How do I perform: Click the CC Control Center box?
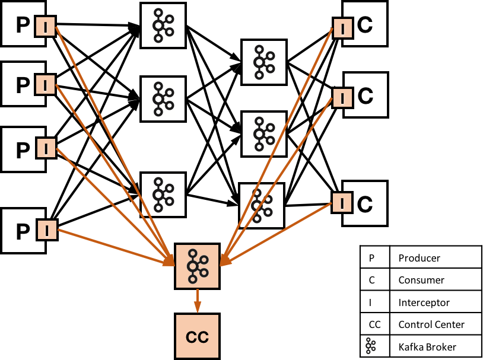[x=198, y=336]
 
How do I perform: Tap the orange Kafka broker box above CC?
[x=198, y=266]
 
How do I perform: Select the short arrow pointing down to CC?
[x=198, y=301]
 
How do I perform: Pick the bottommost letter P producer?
[x=23, y=231]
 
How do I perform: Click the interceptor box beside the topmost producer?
[x=46, y=26]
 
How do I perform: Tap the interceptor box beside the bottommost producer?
[x=47, y=230]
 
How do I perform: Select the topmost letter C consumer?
[x=365, y=26]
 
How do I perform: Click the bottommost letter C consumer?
[x=365, y=205]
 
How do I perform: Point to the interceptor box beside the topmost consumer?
[x=342, y=28]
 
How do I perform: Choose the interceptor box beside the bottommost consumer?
[x=342, y=203]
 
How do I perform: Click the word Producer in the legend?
[x=420, y=258]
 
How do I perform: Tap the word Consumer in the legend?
[x=421, y=280]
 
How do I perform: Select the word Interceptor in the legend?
[x=424, y=302]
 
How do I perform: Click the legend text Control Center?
[x=431, y=324]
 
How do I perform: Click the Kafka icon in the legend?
[x=371, y=346]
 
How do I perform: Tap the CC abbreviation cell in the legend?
[x=375, y=324]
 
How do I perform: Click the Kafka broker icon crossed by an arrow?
[x=262, y=205]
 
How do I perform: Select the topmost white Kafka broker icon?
[x=163, y=26]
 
